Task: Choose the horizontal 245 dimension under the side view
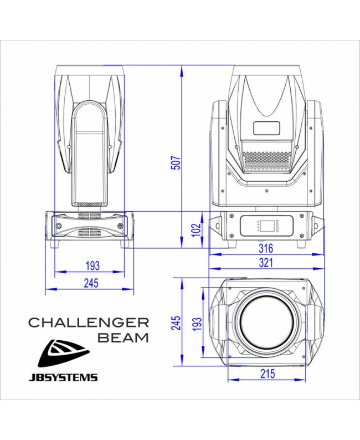tap(90, 283)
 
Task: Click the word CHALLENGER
tap(89, 322)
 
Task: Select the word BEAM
tap(122, 337)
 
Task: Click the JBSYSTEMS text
tap(63, 378)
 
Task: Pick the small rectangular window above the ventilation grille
tap(268, 127)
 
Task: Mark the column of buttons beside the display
tap(259, 226)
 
